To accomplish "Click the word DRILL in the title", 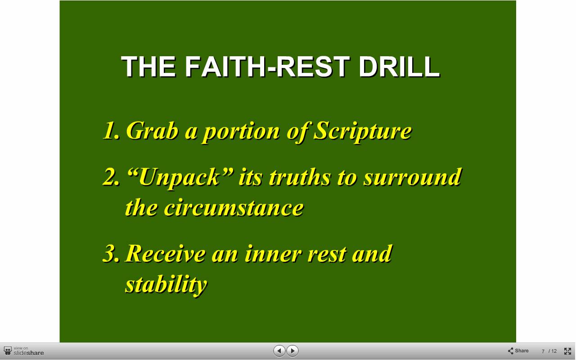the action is click(x=399, y=67).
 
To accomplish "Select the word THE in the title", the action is click(x=149, y=67).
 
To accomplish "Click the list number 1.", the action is click(x=111, y=130).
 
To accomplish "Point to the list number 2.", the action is click(x=111, y=177).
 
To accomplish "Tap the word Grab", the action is click(x=152, y=130).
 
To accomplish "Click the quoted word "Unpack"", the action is click(x=180, y=177).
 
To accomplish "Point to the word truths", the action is click(x=300, y=177).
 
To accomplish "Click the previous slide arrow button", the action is click(x=279, y=351).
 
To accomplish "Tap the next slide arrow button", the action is click(x=292, y=351).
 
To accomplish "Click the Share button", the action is click(x=518, y=351).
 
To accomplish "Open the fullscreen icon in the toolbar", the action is click(x=567, y=351).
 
